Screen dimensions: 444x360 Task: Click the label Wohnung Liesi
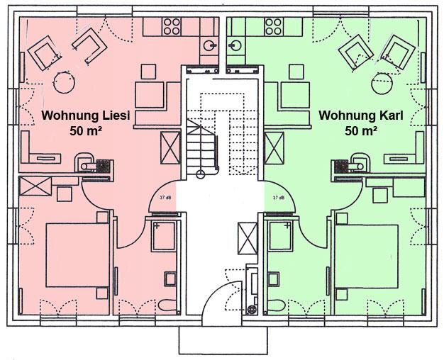(x=86, y=116)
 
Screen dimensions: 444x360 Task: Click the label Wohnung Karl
(x=361, y=116)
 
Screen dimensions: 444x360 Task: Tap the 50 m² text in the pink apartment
(x=86, y=131)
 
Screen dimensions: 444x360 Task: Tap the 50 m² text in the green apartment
(x=361, y=131)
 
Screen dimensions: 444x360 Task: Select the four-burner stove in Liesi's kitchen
(x=172, y=27)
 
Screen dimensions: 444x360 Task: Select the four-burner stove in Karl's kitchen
(x=274, y=27)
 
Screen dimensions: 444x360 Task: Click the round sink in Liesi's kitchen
(x=209, y=45)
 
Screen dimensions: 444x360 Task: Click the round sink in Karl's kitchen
(x=235, y=45)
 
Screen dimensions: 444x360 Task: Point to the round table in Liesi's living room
(x=65, y=83)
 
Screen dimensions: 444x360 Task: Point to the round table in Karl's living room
(x=382, y=83)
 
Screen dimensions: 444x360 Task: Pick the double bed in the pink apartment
(x=77, y=255)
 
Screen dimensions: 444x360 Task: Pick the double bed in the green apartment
(x=367, y=257)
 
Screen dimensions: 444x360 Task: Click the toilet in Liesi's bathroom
(x=167, y=306)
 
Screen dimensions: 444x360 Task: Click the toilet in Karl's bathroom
(x=277, y=306)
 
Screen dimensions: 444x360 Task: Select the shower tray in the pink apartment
(x=164, y=236)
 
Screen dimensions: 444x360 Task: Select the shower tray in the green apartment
(x=279, y=235)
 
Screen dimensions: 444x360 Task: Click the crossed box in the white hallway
(x=248, y=238)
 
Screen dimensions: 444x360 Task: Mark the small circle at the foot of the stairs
(x=201, y=174)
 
